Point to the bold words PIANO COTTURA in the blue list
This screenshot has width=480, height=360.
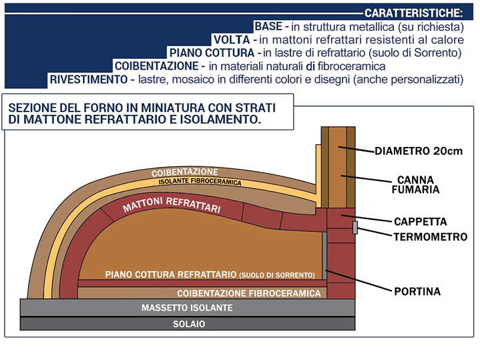pos(212,53)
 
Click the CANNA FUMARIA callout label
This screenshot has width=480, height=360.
pos(415,184)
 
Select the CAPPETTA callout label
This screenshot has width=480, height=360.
pos(420,222)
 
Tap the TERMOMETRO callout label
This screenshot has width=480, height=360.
pos(430,237)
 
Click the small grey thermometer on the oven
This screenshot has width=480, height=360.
pos(356,228)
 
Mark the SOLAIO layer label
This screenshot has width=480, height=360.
pos(187,324)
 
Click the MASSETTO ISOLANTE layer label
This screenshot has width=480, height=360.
pos(187,308)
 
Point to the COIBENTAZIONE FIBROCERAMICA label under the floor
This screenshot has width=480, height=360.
pos(248,293)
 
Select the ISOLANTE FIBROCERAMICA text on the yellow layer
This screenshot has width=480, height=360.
pos(200,182)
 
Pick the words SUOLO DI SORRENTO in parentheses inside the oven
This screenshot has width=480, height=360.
pos(276,275)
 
